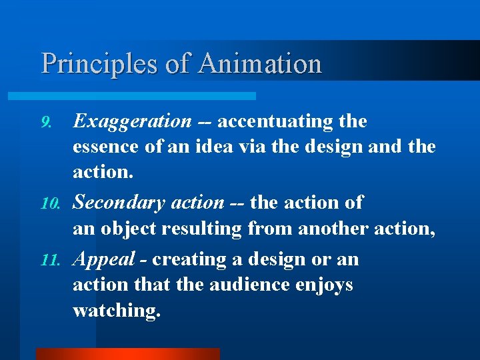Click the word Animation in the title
coord(260,64)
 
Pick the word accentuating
coord(275,121)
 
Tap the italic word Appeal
coord(101,259)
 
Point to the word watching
coord(117,311)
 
